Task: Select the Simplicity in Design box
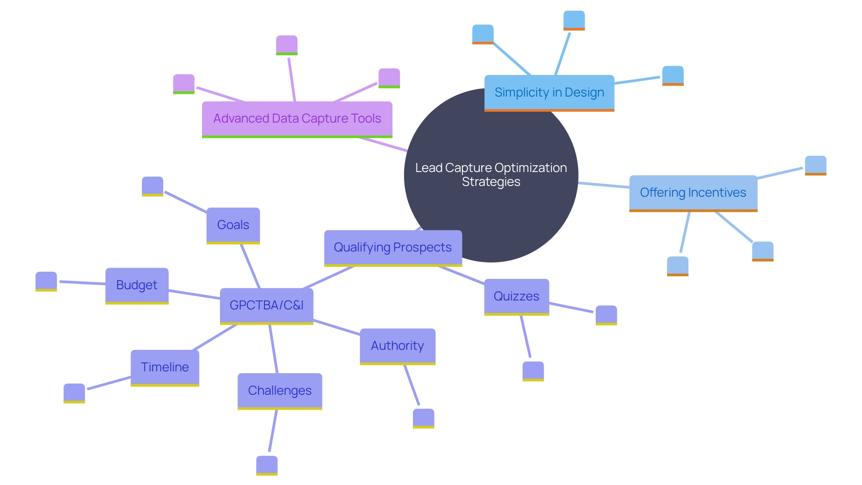click(549, 93)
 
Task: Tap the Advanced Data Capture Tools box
click(297, 119)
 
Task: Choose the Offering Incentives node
click(693, 193)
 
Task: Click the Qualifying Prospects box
click(393, 247)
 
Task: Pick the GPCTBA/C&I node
click(266, 305)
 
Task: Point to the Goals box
click(233, 225)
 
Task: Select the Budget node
click(137, 285)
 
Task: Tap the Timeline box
click(165, 367)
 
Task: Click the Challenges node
click(280, 391)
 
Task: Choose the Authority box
click(397, 346)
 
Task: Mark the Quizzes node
click(516, 296)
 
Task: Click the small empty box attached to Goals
click(153, 186)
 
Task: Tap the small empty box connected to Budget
click(46, 281)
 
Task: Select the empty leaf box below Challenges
click(267, 465)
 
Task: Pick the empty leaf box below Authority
click(423, 418)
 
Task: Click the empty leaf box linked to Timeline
click(74, 392)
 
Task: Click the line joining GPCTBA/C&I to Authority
click(337, 327)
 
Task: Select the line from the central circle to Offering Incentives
click(604, 185)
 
